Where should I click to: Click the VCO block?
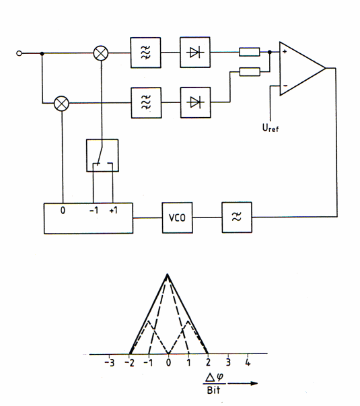(x=177, y=217)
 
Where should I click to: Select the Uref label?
(x=271, y=128)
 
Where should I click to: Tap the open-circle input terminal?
(x=19, y=53)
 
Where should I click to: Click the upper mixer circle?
(x=101, y=53)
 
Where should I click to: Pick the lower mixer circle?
(x=62, y=104)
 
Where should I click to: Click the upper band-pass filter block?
(x=145, y=53)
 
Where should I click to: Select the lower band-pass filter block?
(x=146, y=103)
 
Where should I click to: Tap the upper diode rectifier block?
(x=195, y=53)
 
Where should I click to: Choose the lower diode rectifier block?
(x=195, y=102)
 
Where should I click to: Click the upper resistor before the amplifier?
(x=250, y=52)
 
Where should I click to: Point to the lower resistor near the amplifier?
(x=250, y=72)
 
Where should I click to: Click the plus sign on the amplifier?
(x=285, y=52)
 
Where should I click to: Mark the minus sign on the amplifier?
(x=285, y=86)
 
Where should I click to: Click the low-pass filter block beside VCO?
(x=237, y=217)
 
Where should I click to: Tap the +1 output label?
(x=113, y=210)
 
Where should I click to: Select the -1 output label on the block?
(x=94, y=210)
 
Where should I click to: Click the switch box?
(x=102, y=156)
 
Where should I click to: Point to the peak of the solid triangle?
(x=168, y=273)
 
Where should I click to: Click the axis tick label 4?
(x=248, y=362)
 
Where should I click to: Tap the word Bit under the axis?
(x=213, y=390)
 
